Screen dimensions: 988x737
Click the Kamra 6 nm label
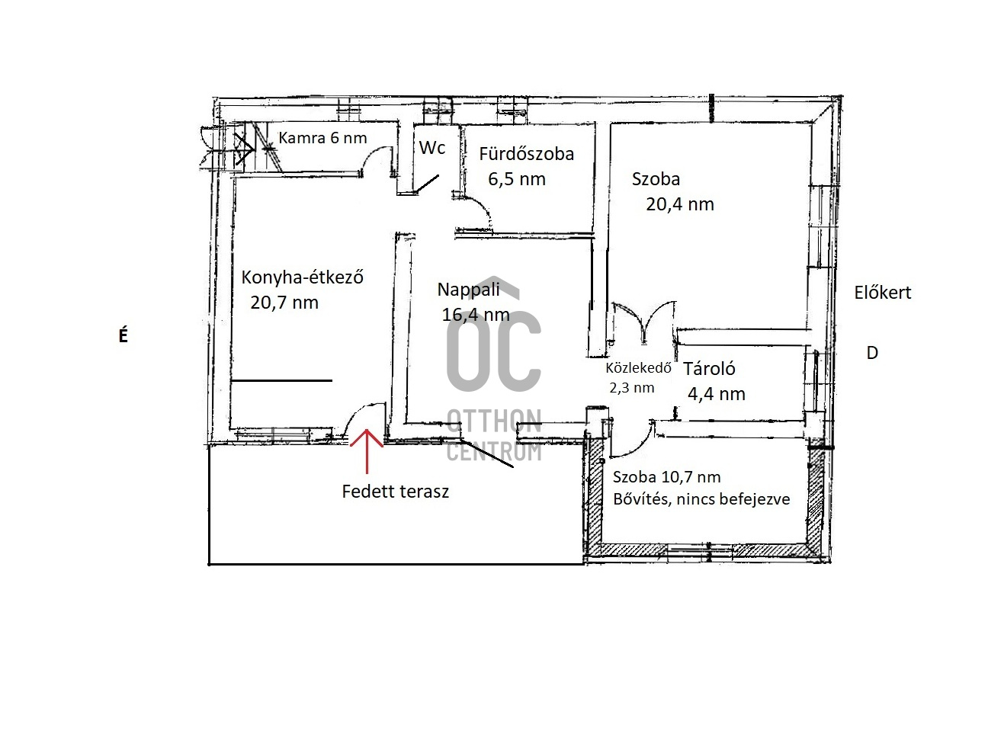click(x=322, y=138)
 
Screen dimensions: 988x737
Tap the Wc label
click(x=432, y=148)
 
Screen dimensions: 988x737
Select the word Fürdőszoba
click(x=526, y=154)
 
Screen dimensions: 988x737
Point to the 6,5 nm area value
click(x=517, y=179)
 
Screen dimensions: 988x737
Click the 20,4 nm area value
click(x=680, y=204)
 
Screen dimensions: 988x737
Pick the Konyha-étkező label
click(x=302, y=277)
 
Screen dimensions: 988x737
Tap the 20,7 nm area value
click(x=284, y=303)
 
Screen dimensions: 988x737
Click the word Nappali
click(x=469, y=290)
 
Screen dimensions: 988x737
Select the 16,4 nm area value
click(x=476, y=315)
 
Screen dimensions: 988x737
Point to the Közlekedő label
click(x=638, y=367)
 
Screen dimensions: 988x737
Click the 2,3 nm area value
click(x=631, y=388)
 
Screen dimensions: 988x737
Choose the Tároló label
click(x=710, y=369)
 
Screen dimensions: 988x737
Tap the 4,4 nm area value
click(x=717, y=394)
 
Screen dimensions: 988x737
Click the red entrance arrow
click(x=367, y=451)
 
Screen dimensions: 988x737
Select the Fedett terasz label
click(x=395, y=492)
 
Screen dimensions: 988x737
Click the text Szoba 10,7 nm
click(x=666, y=477)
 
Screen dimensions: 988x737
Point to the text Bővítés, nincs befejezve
click(x=701, y=499)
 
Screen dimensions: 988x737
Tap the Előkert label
click(x=883, y=293)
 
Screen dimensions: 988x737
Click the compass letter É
click(x=124, y=335)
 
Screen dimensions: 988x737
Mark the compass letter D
click(x=872, y=353)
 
